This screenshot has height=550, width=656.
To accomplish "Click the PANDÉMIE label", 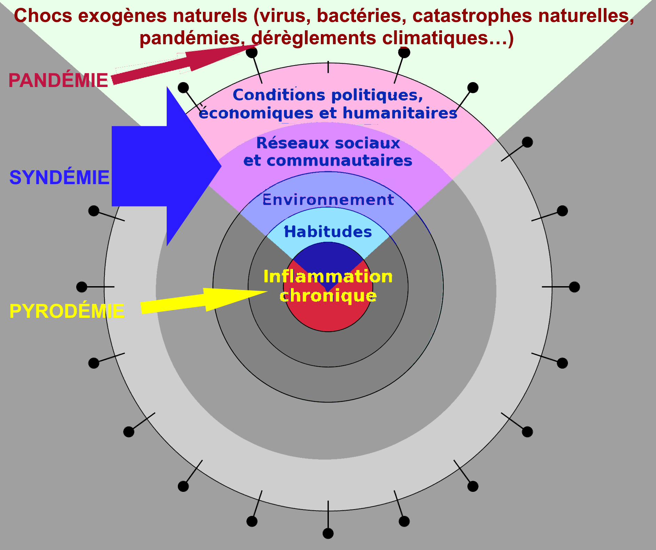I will click(58, 80).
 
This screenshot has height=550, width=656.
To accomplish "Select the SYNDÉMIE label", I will click(60, 178).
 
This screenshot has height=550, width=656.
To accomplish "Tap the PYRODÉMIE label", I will click(67, 311).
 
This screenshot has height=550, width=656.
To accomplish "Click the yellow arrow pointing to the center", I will click(204, 300).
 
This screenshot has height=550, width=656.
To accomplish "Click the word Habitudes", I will click(328, 232).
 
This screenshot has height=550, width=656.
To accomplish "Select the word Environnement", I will click(328, 200).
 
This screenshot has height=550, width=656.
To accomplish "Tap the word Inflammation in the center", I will click(328, 277).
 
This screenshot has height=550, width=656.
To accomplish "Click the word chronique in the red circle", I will click(328, 296).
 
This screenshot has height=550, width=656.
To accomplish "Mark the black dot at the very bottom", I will click(328, 533).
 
